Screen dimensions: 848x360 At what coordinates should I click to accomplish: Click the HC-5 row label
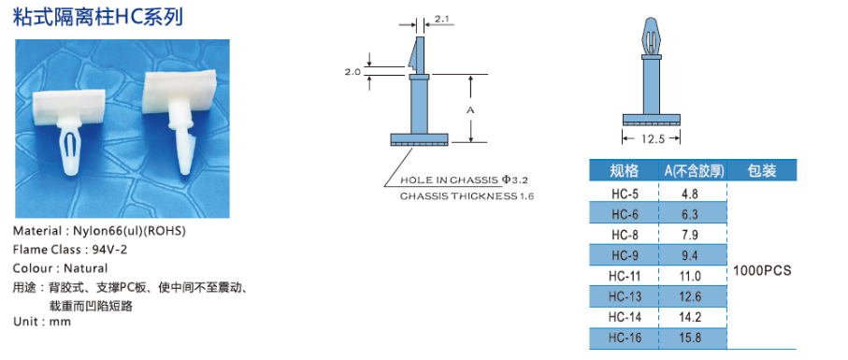click(625, 193)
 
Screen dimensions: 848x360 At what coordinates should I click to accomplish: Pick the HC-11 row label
click(625, 276)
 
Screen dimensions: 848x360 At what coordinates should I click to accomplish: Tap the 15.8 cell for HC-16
click(690, 338)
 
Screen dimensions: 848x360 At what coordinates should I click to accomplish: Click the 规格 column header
click(625, 171)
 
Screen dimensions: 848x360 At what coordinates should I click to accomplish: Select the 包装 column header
click(762, 171)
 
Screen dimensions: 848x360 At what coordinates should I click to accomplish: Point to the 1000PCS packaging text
click(762, 270)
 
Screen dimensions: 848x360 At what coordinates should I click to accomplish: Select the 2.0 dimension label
click(352, 71)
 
